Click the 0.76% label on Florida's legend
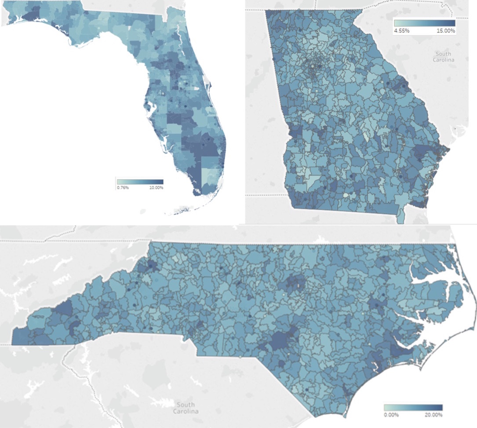122,188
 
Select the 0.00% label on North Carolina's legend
391,414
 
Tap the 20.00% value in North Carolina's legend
433,414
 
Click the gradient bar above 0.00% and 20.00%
413,408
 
